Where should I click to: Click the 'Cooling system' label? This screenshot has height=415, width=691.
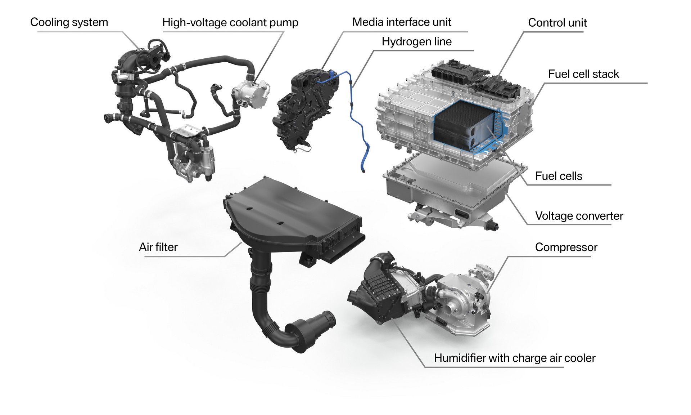[x=69, y=22]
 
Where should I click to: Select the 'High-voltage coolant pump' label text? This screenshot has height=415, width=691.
[x=230, y=23]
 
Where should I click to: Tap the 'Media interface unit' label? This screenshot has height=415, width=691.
[x=402, y=22]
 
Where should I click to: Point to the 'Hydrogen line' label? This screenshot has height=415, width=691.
[x=416, y=42]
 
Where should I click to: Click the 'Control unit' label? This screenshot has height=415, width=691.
[x=557, y=23]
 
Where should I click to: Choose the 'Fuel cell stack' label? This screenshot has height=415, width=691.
[x=583, y=74]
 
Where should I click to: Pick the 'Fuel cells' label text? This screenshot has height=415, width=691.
[x=559, y=176]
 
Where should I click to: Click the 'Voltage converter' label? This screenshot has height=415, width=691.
[x=579, y=216]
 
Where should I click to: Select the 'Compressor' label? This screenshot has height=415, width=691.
[x=566, y=247]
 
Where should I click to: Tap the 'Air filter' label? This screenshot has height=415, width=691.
[x=158, y=247]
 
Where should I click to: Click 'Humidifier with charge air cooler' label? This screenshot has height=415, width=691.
[x=514, y=358]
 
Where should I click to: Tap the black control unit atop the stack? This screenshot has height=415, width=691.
[x=475, y=76]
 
